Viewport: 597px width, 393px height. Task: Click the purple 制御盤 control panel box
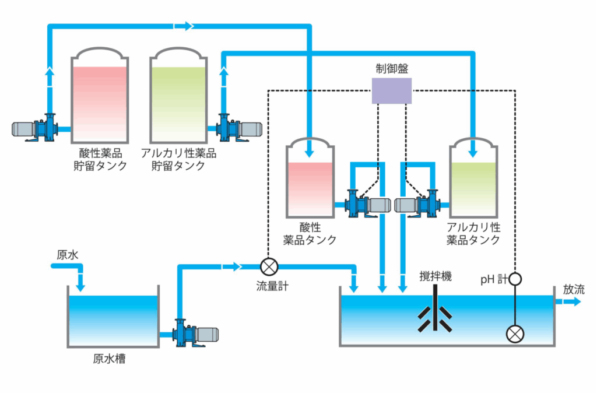(x=392, y=91)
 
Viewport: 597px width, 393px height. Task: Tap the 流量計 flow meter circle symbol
(x=269, y=267)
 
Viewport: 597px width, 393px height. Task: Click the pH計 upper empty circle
(x=515, y=279)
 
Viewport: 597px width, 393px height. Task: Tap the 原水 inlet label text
(x=65, y=255)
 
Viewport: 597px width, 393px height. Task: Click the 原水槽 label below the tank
(x=109, y=358)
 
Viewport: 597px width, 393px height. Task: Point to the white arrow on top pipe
(x=184, y=26)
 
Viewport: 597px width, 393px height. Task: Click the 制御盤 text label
(x=392, y=68)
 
